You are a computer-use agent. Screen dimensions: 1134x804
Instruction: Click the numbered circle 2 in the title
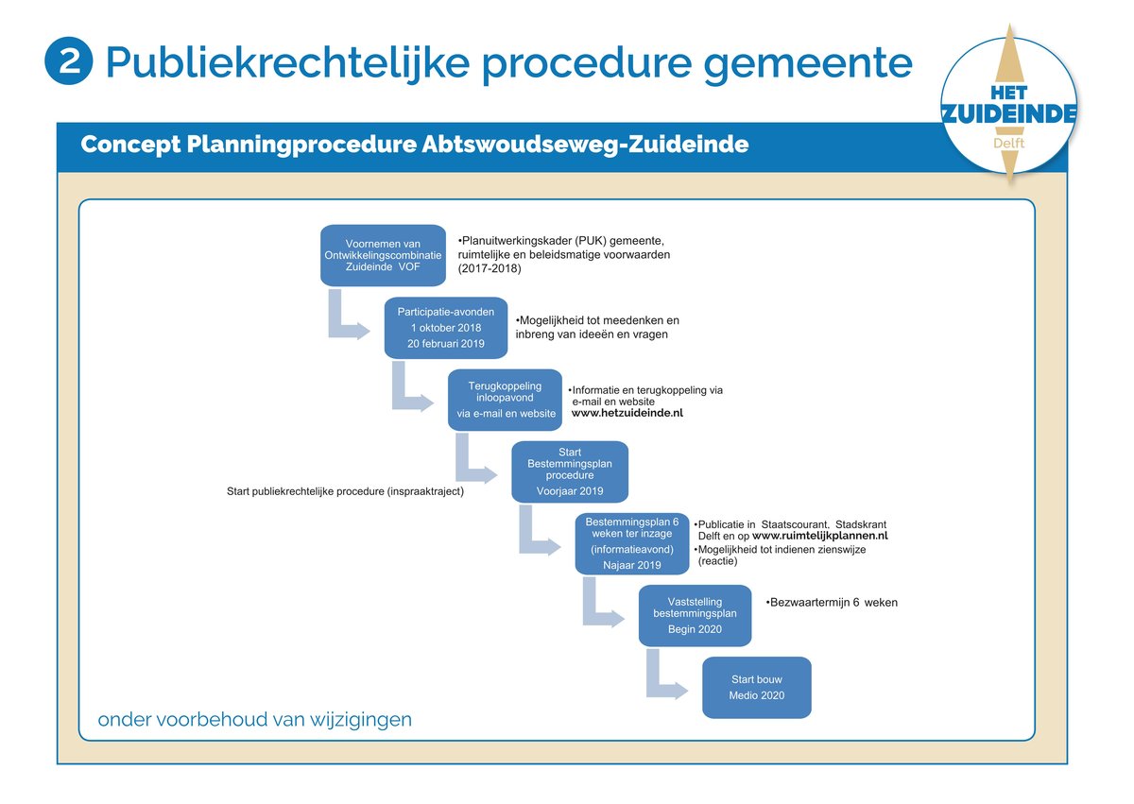(69, 61)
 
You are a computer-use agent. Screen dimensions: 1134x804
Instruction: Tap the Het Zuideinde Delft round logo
(1009, 105)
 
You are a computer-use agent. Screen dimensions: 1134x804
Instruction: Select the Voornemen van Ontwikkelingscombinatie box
(384, 255)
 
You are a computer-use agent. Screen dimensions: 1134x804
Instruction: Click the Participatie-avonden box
(446, 328)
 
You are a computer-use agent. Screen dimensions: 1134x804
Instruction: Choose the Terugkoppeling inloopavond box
(506, 400)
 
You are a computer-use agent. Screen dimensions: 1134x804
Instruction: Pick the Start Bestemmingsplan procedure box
(570, 471)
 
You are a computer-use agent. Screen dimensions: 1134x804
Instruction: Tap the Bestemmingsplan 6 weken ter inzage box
(632, 544)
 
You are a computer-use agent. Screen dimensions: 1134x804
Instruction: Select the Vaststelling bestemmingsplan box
(696, 616)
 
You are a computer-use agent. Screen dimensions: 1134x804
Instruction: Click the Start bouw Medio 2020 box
(757, 688)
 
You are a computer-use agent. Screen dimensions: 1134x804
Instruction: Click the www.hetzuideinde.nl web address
(627, 413)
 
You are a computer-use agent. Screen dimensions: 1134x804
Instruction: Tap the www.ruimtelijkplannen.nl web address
(820, 536)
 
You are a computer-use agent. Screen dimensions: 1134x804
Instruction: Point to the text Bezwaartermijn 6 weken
(832, 603)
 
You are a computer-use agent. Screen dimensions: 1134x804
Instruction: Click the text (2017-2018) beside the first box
(490, 268)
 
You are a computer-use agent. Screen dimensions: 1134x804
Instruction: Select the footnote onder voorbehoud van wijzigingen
(254, 720)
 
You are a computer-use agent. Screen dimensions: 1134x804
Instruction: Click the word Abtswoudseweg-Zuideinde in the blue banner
(585, 145)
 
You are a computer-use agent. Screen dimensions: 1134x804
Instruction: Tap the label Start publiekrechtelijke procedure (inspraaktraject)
(345, 491)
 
